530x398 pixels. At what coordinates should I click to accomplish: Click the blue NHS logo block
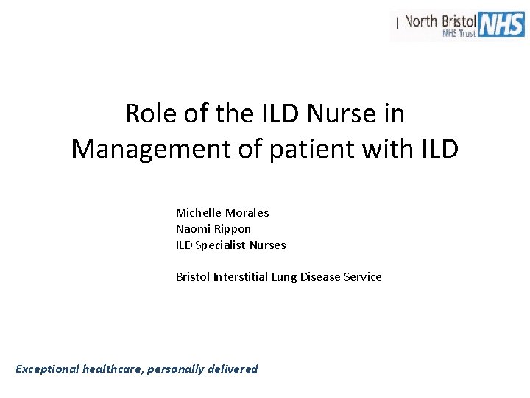501,24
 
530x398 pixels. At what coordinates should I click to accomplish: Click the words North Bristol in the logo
439,20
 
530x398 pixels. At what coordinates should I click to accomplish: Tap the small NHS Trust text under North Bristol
459,33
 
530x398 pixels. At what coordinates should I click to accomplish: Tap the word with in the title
392,149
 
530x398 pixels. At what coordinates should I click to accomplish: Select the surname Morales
247,212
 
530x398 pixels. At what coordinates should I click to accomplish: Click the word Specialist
220,245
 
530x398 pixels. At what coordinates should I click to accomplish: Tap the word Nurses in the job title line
267,245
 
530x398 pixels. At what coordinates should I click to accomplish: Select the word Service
362,277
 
